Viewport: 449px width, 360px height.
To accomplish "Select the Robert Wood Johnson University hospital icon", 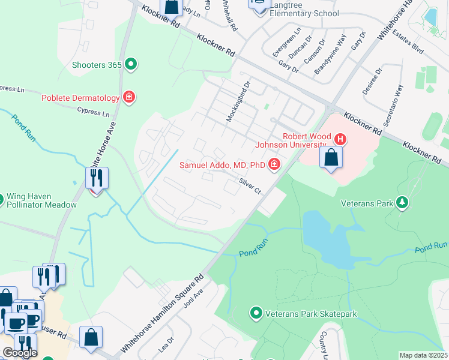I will coord(340,139).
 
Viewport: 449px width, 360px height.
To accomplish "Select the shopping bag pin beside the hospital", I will coord(331,158).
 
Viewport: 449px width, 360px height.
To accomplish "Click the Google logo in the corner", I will coord(20,353).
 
